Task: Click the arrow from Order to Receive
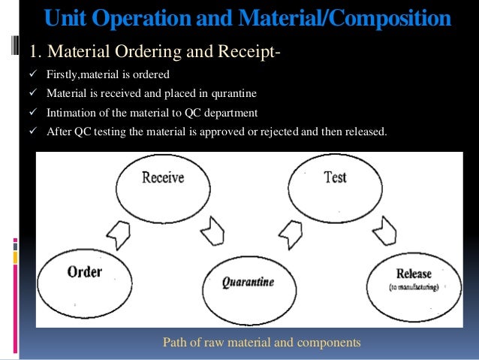coord(120,235)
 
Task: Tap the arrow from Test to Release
coord(387,230)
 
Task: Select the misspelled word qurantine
coord(230,95)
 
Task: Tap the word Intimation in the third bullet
coord(71,113)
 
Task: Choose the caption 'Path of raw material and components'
coord(262,342)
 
